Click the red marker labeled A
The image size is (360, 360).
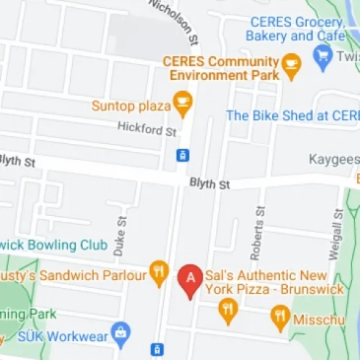pos(189,280)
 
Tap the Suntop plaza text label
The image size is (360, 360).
pos(130,105)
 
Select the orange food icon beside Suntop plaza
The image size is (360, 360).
pos(182,104)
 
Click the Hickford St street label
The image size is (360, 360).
pos(147,128)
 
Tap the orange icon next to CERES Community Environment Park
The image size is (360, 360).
pos(291,66)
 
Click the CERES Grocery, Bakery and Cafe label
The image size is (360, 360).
pos(296,29)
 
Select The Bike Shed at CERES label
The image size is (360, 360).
pos(293,115)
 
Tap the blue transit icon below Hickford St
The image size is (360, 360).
pos(182,155)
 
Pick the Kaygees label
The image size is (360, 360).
pos(333,159)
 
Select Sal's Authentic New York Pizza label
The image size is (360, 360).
pos(273,282)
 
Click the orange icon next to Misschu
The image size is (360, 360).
pos(280,318)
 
